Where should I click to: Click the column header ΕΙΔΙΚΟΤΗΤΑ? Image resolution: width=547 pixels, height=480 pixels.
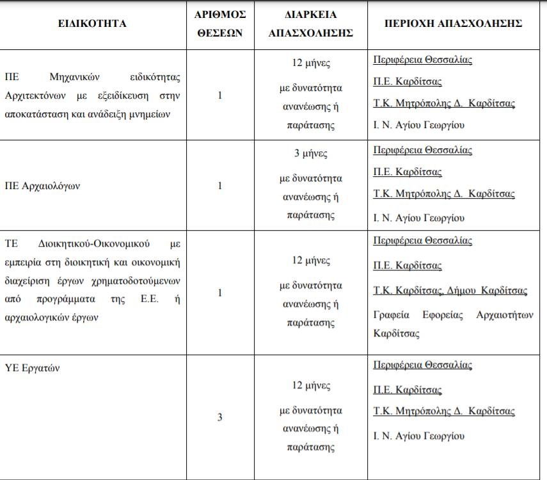pyautogui.click(x=92, y=24)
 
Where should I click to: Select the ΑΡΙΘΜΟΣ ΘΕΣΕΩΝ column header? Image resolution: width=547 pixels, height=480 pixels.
pyautogui.click(x=219, y=24)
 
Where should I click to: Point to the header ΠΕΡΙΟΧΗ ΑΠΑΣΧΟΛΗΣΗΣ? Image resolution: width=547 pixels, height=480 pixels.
pyautogui.click(x=453, y=24)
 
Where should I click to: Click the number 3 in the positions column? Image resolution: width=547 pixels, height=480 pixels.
pyautogui.click(x=219, y=417)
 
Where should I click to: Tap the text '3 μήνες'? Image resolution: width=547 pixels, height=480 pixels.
pyautogui.click(x=310, y=154)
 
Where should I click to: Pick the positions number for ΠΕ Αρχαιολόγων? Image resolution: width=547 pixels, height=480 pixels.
pyautogui.click(x=219, y=186)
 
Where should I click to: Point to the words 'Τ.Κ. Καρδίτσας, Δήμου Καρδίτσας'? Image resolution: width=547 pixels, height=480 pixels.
pyautogui.click(x=450, y=291)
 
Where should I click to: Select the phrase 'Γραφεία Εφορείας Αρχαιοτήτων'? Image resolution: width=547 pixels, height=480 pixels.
pyautogui.click(x=453, y=315)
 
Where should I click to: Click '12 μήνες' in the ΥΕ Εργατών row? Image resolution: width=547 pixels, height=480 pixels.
pyautogui.click(x=310, y=386)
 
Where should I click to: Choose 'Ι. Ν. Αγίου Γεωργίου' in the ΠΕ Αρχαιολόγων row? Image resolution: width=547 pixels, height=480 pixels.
pyautogui.click(x=418, y=218)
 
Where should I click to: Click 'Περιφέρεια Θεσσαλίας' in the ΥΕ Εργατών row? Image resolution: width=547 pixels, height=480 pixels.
pyautogui.click(x=422, y=365)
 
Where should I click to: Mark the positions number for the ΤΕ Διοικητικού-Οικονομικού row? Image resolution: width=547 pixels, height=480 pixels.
pyautogui.click(x=219, y=293)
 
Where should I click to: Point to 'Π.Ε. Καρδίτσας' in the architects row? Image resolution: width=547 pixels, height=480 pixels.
pyautogui.click(x=408, y=81)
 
